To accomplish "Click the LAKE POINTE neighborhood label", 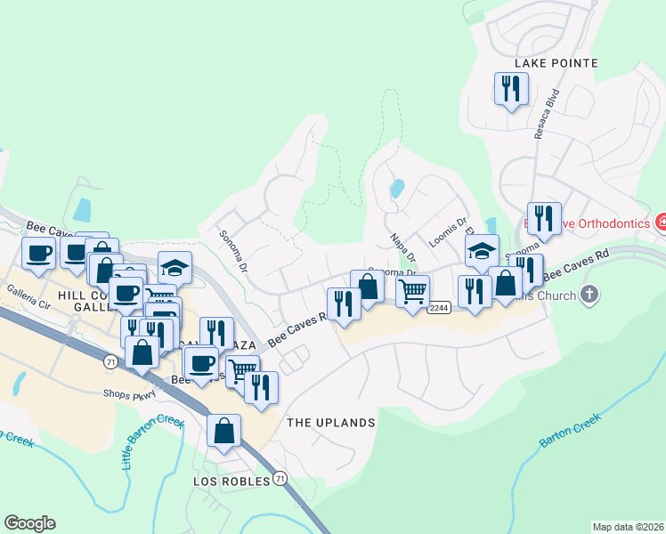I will pos(556,63).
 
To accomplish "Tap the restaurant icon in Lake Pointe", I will pos(511,89).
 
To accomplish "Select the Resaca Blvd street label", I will pos(546,113).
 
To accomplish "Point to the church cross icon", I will pos(589,293).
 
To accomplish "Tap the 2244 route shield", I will pos(437,308).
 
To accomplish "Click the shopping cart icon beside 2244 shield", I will pos(412,291).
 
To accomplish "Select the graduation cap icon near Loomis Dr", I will pos(482,251).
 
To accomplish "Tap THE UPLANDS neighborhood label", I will pos(330,423).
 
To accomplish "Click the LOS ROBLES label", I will pos(231,481).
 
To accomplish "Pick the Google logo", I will pos(29,523).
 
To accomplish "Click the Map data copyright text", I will pos(627,527).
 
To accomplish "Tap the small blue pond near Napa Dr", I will pos(397,189).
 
